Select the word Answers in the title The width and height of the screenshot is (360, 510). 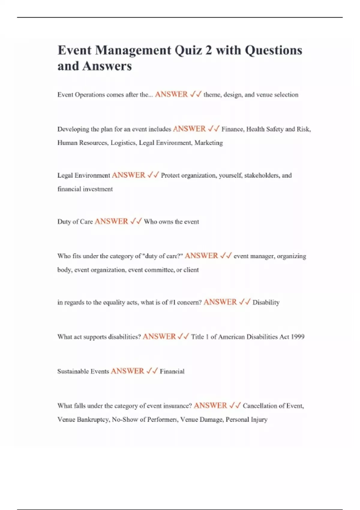click(x=107, y=66)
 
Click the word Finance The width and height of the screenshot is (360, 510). click(x=233, y=129)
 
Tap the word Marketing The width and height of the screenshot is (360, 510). click(x=208, y=143)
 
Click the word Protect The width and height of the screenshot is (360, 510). click(x=170, y=175)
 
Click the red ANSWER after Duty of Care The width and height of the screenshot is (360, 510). click(x=111, y=221)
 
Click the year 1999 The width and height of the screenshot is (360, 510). click(x=298, y=337)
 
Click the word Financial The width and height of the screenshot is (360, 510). click(x=172, y=371)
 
